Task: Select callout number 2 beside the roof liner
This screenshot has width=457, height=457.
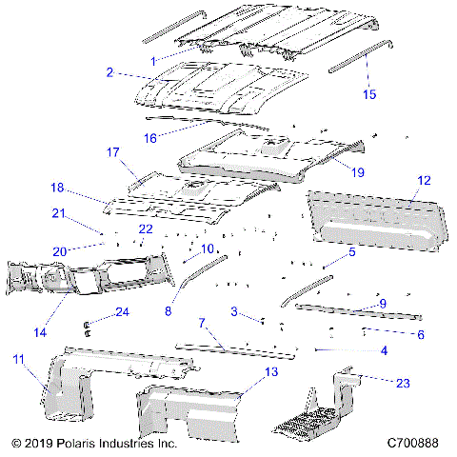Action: pos(110,72)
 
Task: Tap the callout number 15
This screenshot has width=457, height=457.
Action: pos(370,93)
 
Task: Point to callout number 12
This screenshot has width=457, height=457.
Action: pos(424,179)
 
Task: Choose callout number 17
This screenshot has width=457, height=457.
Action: pos(112,152)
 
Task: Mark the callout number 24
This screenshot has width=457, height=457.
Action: pos(122,311)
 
